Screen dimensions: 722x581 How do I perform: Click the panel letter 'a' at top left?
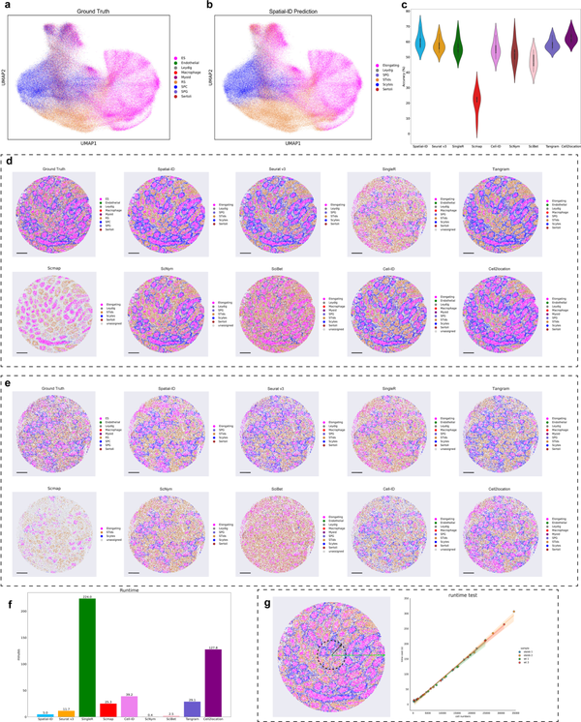point(7,7)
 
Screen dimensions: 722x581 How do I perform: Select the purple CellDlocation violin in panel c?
point(569,39)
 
